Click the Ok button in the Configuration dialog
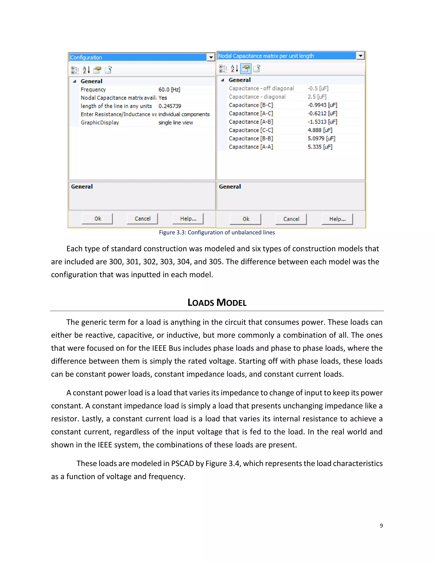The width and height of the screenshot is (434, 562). click(x=97, y=219)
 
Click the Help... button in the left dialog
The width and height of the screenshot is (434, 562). click(x=188, y=219)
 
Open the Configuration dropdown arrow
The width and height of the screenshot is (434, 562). click(x=211, y=57)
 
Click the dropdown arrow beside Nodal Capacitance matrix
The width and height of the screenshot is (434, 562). click(x=360, y=56)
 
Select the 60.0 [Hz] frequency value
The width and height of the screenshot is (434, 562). click(x=169, y=89)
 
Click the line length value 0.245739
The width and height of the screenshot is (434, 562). click(x=170, y=106)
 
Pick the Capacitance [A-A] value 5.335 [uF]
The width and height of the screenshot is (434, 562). click(x=320, y=147)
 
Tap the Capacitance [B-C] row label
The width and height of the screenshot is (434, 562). click(x=251, y=105)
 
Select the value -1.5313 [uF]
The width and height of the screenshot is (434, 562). click(x=322, y=122)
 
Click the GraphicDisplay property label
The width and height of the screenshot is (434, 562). click(x=100, y=123)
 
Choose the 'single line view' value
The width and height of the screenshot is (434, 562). click(x=176, y=123)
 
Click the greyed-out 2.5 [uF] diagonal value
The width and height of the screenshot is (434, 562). click(x=317, y=97)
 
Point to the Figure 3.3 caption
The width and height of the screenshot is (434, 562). click(x=217, y=233)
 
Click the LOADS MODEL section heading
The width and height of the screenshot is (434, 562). click(x=217, y=303)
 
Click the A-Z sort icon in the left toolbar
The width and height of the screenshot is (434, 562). click(x=86, y=70)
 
